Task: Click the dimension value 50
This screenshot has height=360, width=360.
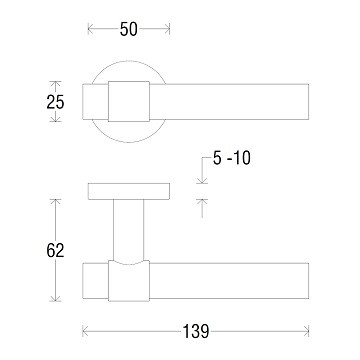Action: [x=127, y=31]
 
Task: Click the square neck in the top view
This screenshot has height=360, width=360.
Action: [x=129, y=102]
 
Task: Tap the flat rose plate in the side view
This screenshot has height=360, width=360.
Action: [x=127, y=192]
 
